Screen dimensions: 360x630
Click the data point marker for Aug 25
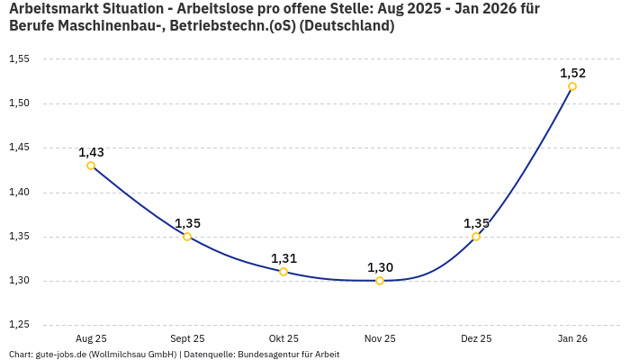(91, 166)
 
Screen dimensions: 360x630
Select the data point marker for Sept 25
(187, 237)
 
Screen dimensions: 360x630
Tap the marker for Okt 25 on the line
(283, 272)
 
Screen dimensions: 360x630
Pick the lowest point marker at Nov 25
(380, 281)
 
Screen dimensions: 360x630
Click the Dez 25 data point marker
(476, 237)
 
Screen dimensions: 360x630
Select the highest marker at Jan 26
(572, 86)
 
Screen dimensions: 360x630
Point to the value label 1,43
(91, 152)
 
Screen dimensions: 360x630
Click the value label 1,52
(572, 73)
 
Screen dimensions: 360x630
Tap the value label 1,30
(380, 267)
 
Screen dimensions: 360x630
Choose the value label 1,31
(283, 258)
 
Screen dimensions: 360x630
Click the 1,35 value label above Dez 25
(476, 223)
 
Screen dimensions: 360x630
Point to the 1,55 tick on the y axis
(19, 59)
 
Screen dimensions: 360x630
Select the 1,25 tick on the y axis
(19, 325)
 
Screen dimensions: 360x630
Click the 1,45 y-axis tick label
(19, 148)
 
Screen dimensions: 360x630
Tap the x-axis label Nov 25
(380, 338)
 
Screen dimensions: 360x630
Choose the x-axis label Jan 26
(572, 338)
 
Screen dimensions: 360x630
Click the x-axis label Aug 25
(91, 338)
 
